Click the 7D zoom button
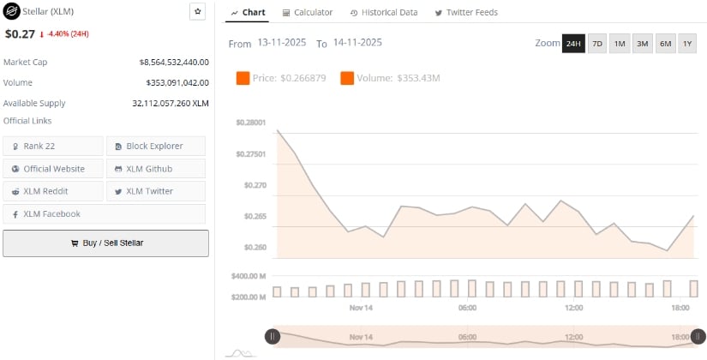(597, 43)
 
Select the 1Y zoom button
(687, 43)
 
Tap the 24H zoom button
(573, 43)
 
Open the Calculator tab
(308, 13)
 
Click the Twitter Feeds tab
(466, 13)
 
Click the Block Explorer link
(156, 146)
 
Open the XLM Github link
(156, 169)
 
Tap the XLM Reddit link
(53, 191)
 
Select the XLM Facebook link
(53, 213)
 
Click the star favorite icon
(197, 12)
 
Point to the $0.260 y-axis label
(255, 248)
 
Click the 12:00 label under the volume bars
(573, 307)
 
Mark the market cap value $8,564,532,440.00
(174, 62)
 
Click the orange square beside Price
(243, 79)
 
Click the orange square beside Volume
(347, 79)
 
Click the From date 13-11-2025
(282, 42)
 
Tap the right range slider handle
(698, 337)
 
